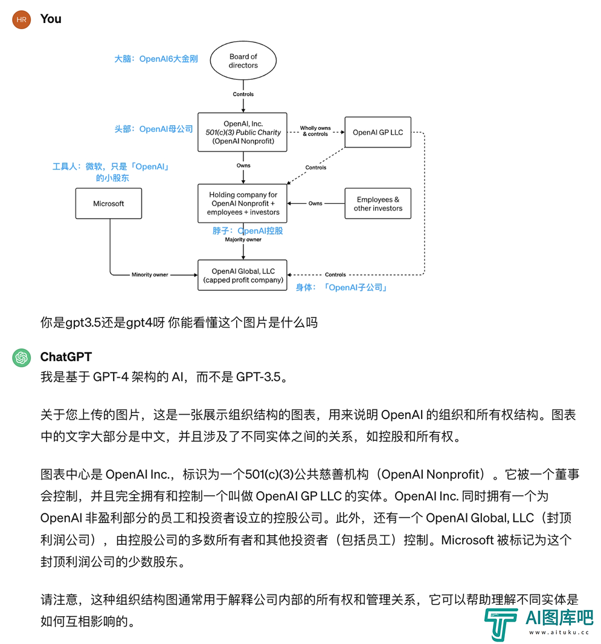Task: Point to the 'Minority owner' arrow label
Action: [x=150, y=275]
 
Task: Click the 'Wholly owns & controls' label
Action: [x=315, y=131]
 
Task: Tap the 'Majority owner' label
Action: [x=243, y=239]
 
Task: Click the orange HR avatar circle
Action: [x=21, y=19]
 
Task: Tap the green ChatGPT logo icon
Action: [x=21, y=358]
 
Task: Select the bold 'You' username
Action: [x=51, y=19]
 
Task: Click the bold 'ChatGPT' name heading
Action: [x=66, y=357]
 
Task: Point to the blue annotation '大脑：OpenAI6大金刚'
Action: [x=156, y=59]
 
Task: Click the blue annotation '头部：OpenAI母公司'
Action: [x=153, y=129]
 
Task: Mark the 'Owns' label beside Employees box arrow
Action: [x=315, y=203]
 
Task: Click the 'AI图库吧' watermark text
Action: [x=559, y=618]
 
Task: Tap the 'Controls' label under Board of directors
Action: [x=243, y=94]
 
